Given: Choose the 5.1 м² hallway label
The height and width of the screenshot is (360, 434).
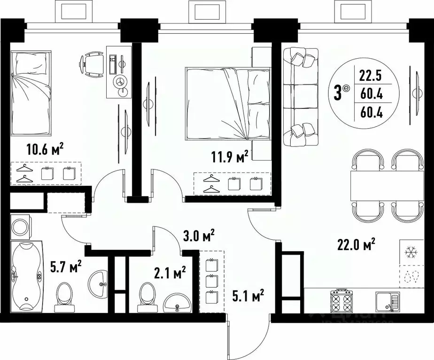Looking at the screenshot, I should coord(248,296).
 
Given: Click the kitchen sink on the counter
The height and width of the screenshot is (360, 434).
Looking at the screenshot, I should coord(387,301).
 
